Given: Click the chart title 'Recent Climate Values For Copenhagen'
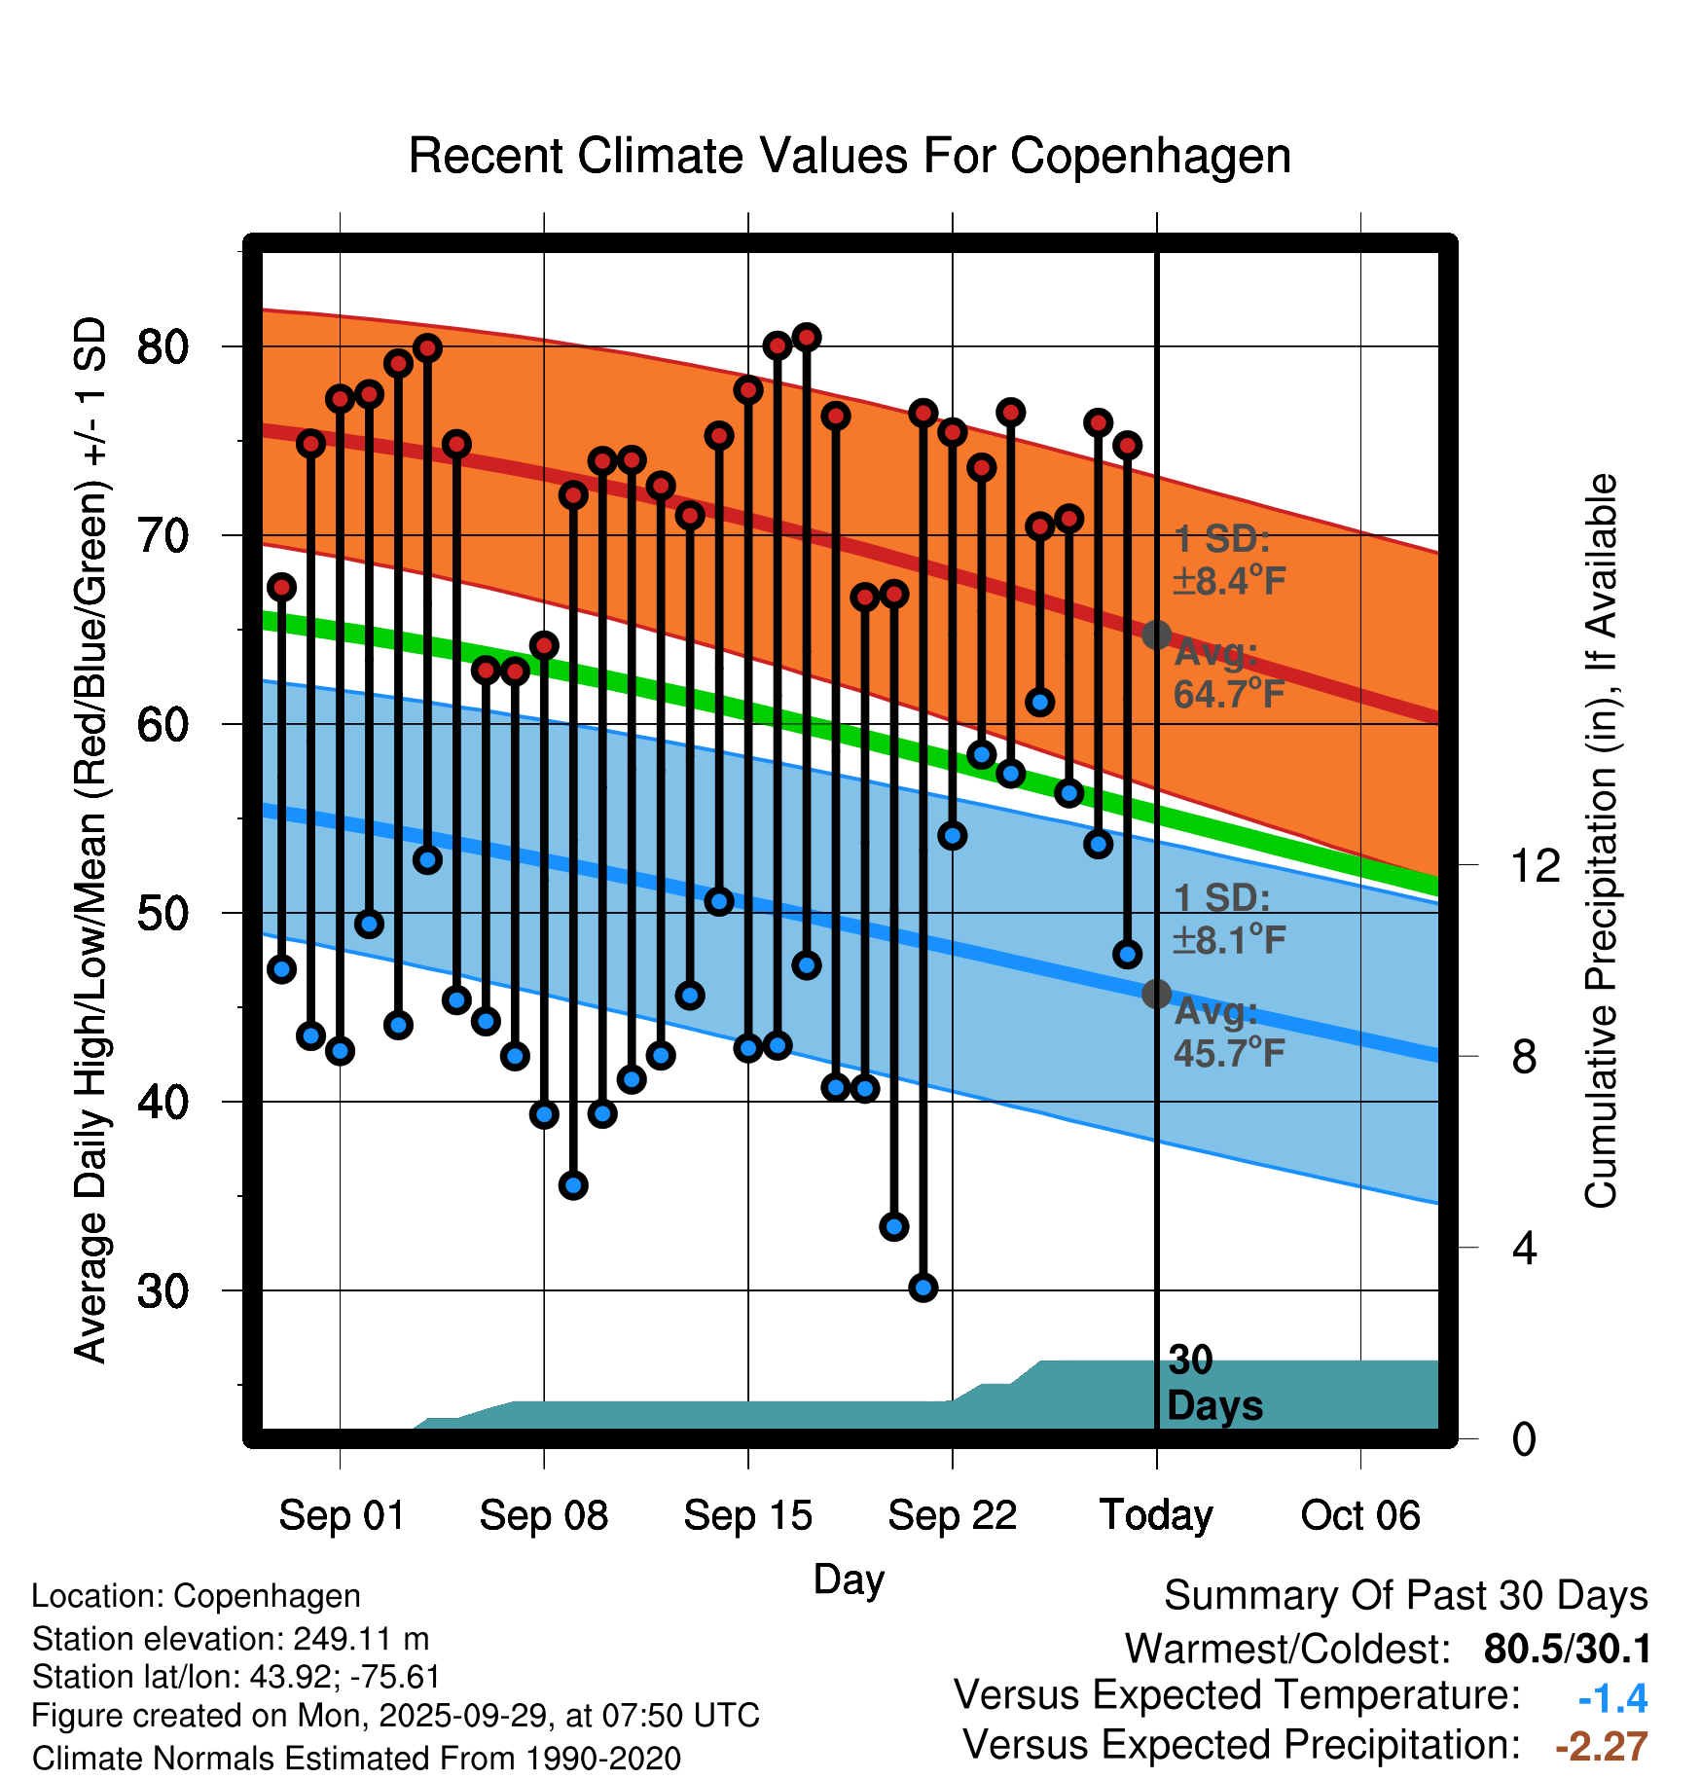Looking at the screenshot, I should click(x=850, y=157).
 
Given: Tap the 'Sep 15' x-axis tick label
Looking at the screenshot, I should click(x=747, y=1515).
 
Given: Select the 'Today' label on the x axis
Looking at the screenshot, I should click(x=1156, y=1515).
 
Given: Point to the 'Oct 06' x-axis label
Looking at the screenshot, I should click(x=1359, y=1515).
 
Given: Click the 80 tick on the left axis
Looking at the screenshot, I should click(x=163, y=346).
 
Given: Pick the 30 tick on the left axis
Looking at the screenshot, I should click(x=163, y=1290).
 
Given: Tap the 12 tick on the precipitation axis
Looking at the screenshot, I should click(x=1535, y=865).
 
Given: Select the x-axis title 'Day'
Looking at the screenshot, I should click(x=849, y=1579).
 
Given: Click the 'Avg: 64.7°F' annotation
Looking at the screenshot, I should click(x=1228, y=673).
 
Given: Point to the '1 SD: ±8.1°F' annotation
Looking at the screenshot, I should click(x=1228, y=919).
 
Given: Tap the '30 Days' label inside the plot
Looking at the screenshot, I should click(x=1213, y=1383).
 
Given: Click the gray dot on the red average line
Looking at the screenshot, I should click(x=1156, y=635).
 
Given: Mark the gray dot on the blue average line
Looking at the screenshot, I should click(x=1156, y=994).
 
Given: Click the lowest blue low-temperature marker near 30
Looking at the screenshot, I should click(x=923, y=1288).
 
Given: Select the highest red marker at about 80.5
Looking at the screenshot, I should click(x=806, y=338).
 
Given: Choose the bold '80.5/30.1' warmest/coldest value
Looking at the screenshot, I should click(x=1567, y=1650).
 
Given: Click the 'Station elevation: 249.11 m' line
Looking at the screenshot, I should click(x=231, y=1639).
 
